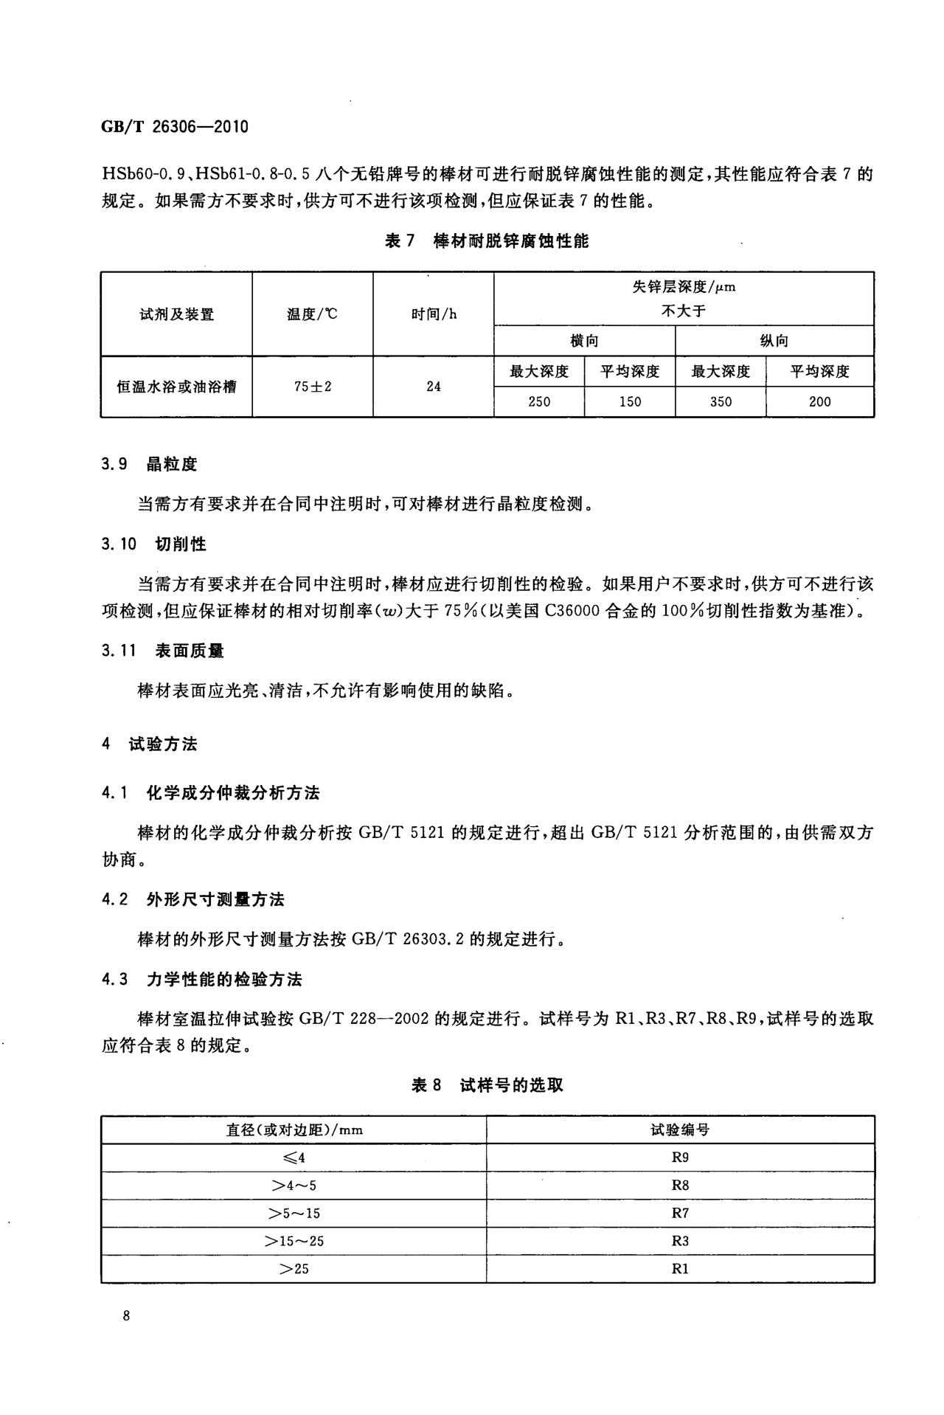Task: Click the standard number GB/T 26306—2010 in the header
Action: click(x=175, y=126)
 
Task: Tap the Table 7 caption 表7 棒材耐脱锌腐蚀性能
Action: click(x=487, y=241)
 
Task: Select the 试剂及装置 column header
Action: click(x=177, y=314)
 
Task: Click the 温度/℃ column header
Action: click(x=313, y=314)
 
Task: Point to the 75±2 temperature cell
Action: click(x=313, y=387)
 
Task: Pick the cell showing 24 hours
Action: click(x=434, y=387)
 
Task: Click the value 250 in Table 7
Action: click(x=539, y=402)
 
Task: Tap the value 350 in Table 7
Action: click(x=721, y=402)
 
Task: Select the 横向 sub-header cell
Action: click(x=585, y=341)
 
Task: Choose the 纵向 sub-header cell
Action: click(x=774, y=341)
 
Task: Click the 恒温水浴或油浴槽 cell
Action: click(x=177, y=387)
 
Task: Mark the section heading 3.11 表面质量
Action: click(x=163, y=651)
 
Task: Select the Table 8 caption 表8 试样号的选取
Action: click(x=487, y=1085)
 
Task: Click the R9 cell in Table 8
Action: click(x=680, y=1158)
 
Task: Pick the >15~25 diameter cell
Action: click(x=294, y=1241)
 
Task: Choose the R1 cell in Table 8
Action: click(x=680, y=1269)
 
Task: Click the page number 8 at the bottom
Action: click(x=127, y=1316)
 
